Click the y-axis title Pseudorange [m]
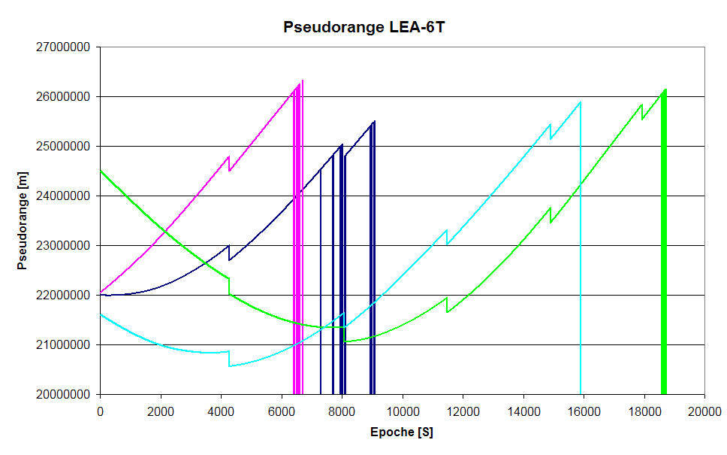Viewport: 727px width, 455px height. click(x=22, y=220)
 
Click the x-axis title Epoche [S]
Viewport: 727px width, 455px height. click(x=402, y=432)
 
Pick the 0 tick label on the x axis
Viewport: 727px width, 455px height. click(x=100, y=411)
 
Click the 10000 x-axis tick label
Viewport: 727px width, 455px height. click(x=402, y=411)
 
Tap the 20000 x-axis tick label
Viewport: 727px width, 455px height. click(x=704, y=411)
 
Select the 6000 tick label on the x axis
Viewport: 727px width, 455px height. click(x=281, y=411)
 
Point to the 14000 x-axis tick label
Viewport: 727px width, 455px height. click(x=523, y=411)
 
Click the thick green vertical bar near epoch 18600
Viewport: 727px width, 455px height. click(x=663, y=248)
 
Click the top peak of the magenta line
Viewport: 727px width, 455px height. click(x=302, y=80)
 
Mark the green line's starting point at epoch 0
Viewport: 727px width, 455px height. click(x=101, y=171)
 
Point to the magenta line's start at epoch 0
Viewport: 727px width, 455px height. click(x=101, y=292)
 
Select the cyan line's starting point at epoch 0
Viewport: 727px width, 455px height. click(x=101, y=314)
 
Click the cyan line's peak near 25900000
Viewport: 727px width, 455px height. click(x=580, y=102)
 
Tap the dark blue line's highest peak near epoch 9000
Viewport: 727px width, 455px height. click(x=373, y=121)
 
